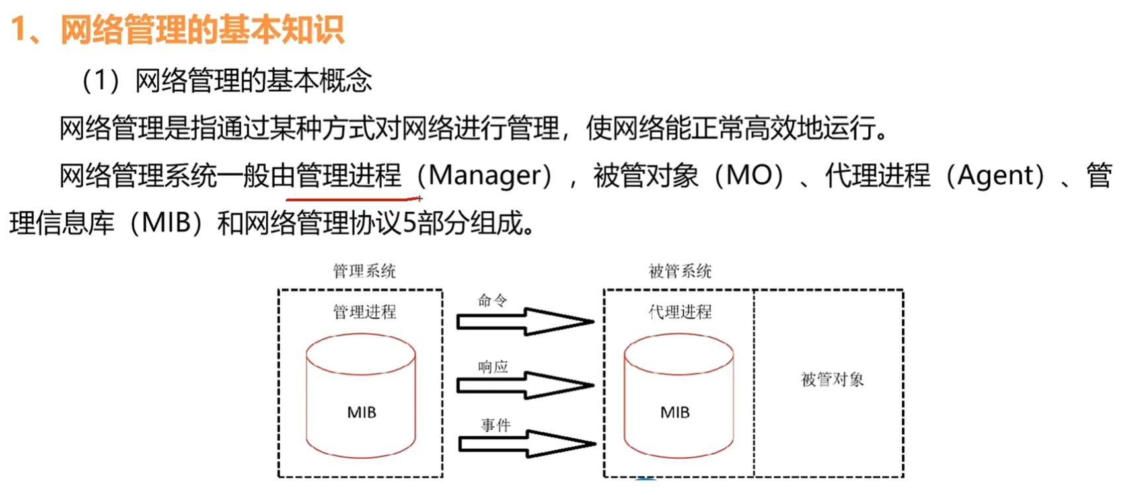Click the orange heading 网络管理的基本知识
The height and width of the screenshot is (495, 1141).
[x=202, y=30]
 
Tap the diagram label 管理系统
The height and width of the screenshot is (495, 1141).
[x=364, y=271]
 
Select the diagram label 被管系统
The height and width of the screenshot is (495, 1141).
[x=680, y=271]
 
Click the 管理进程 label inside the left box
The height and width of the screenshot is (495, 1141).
[x=364, y=312]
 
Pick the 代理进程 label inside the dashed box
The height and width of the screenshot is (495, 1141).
[x=680, y=312]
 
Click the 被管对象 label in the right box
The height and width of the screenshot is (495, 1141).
[x=832, y=379]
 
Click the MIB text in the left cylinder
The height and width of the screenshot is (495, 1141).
[x=361, y=412]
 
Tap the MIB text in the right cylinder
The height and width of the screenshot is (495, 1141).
[x=675, y=412]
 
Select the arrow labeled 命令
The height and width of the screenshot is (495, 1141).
[x=526, y=322]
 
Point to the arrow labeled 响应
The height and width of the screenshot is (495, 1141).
[x=526, y=385]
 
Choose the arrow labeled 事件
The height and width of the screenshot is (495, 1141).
[x=527, y=443]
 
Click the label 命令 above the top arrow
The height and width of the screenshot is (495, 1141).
[x=492, y=301]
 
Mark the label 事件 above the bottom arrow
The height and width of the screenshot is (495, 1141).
[x=496, y=425]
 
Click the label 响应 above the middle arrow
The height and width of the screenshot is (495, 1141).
[x=493, y=367]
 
